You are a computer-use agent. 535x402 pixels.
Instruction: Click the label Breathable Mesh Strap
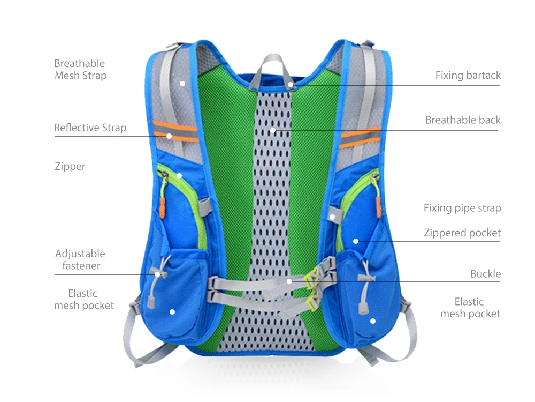pyautogui.click(x=80, y=70)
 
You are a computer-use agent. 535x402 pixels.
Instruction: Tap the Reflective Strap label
pyautogui.click(x=90, y=128)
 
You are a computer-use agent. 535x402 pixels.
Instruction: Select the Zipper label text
pyautogui.click(x=70, y=167)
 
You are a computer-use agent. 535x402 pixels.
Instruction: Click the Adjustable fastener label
pyautogui.click(x=80, y=259)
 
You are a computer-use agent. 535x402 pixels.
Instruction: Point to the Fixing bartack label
pyautogui.click(x=468, y=76)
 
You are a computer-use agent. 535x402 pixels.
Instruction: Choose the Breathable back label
pyautogui.click(x=463, y=120)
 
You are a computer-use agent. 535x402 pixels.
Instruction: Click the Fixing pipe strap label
pyautogui.click(x=462, y=208)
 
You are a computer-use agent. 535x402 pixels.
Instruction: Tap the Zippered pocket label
pyautogui.click(x=462, y=233)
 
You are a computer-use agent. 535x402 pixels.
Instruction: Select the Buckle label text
pyautogui.click(x=485, y=274)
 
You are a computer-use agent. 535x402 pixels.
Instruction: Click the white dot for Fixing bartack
pyautogui.click(x=291, y=84)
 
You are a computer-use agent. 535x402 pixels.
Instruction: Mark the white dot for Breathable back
pyautogui.click(x=272, y=130)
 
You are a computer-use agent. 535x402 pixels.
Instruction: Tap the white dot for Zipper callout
pyautogui.click(x=179, y=176)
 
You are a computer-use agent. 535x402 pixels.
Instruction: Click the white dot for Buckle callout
pyautogui.click(x=289, y=281)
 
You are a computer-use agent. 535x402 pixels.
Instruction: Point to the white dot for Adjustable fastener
pyautogui.click(x=157, y=274)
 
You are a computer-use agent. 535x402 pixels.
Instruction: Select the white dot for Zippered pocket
pyautogui.click(x=355, y=241)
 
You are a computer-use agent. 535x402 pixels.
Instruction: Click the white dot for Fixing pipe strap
pyautogui.click(x=332, y=217)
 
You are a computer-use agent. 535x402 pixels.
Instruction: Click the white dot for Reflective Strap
pyautogui.click(x=169, y=136)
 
